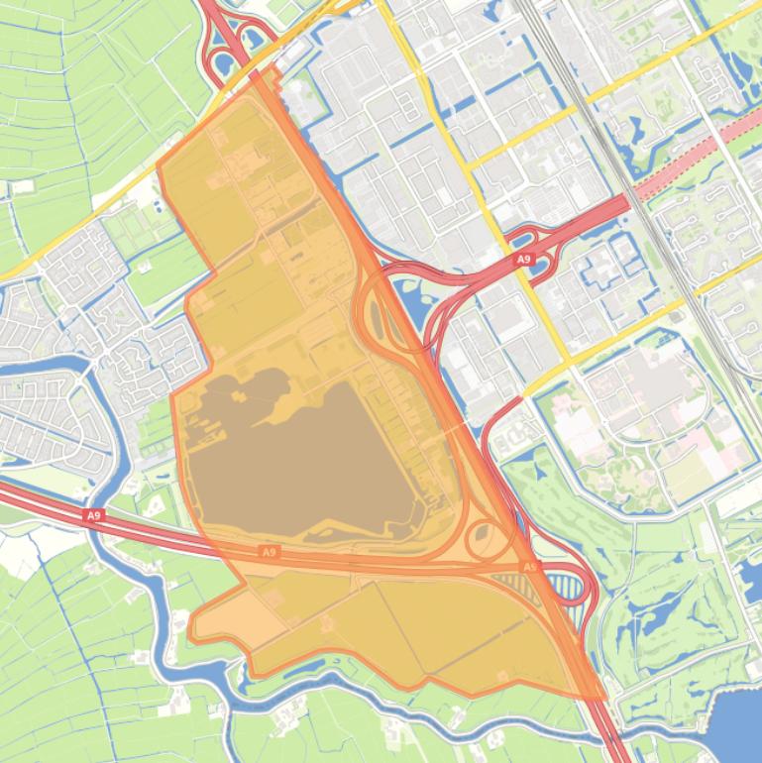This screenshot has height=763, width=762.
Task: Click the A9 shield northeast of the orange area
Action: coord(523,259)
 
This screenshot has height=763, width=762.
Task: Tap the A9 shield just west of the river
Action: coord(93,515)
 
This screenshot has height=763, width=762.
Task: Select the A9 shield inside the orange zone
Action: coord(269,551)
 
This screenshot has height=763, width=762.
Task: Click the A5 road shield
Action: coord(529,568)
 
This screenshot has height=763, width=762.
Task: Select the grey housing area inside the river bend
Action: coord(40,406)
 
